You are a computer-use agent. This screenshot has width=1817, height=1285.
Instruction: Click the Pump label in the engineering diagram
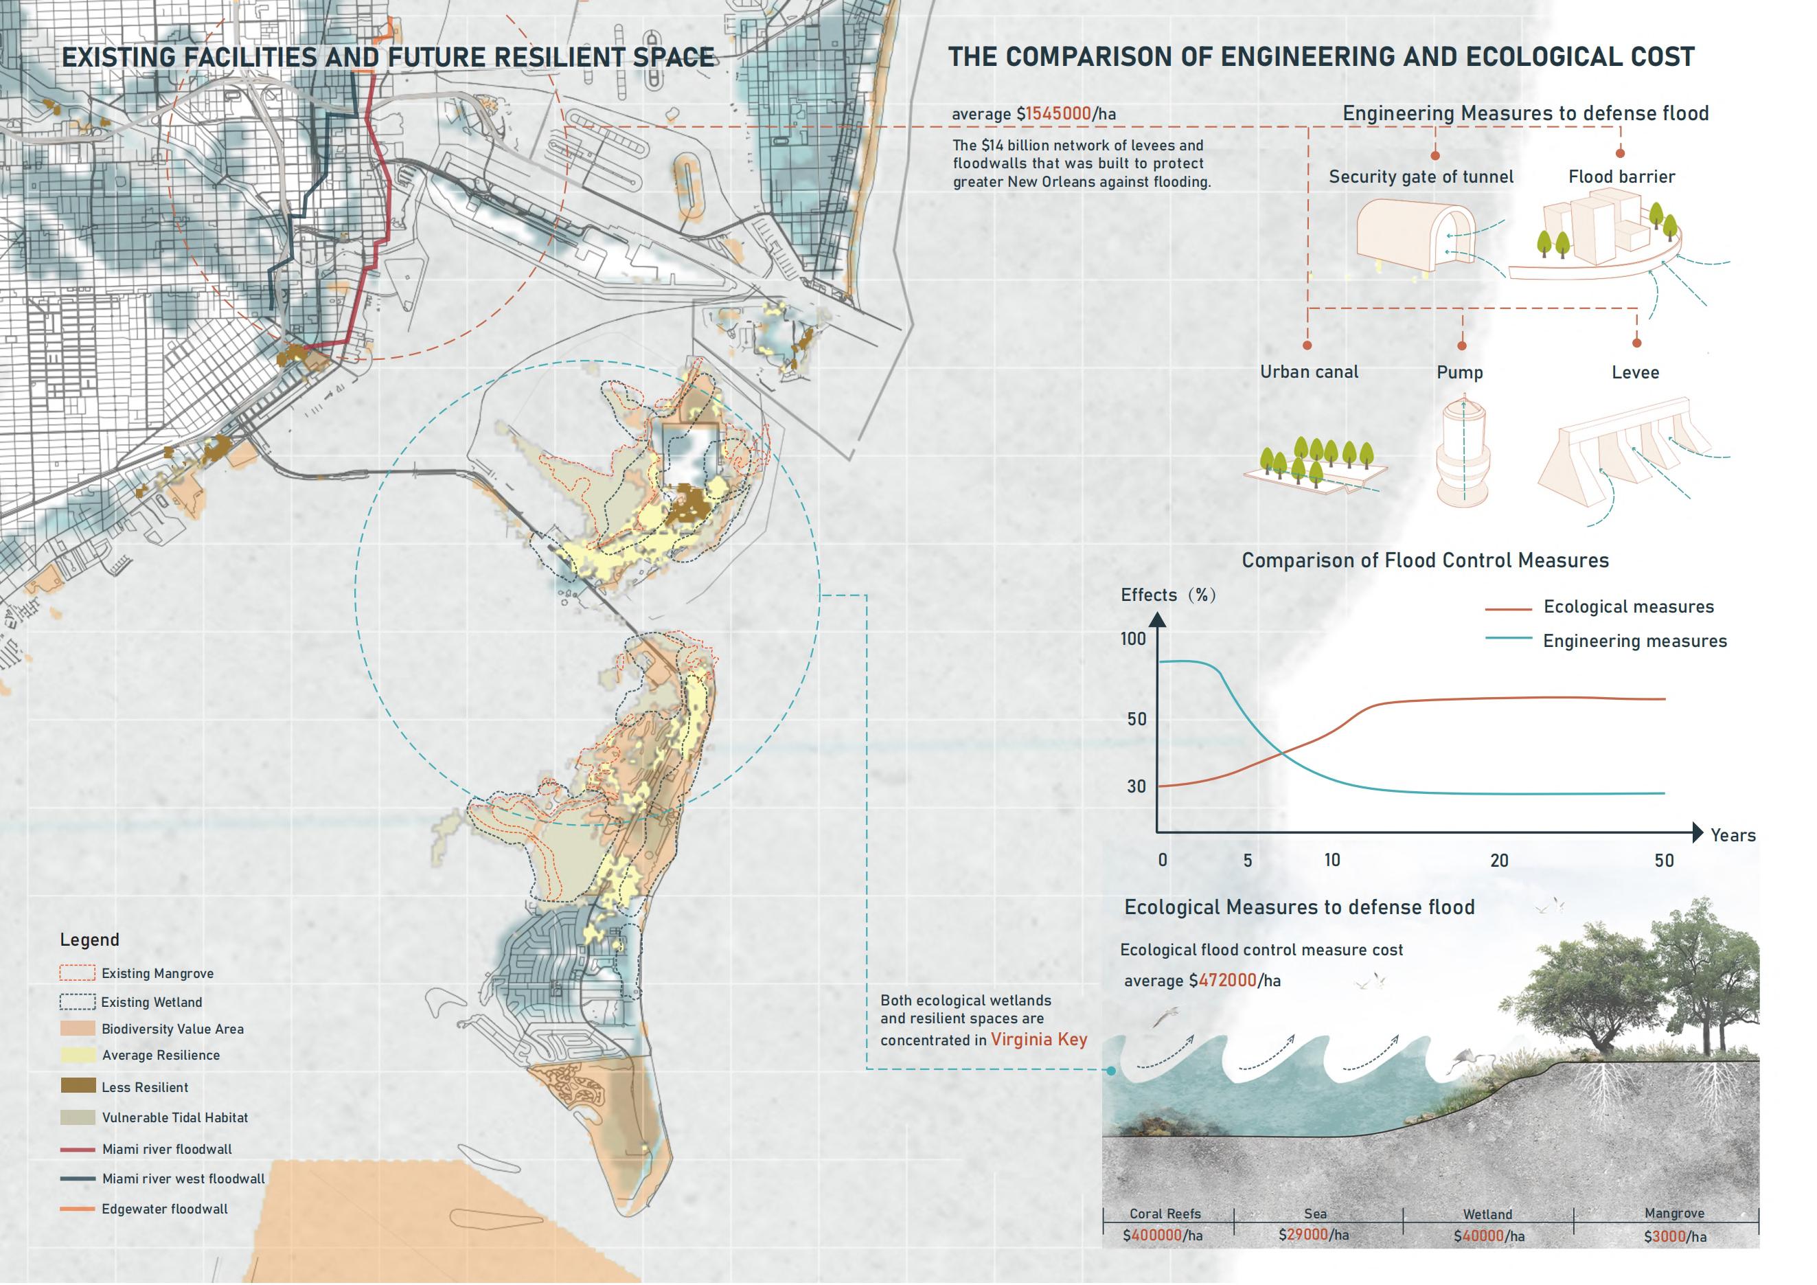(1459, 373)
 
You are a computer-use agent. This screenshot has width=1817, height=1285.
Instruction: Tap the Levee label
(1635, 373)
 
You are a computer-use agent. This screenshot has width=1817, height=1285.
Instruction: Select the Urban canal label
(1309, 372)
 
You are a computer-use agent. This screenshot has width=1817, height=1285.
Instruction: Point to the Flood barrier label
(1621, 177)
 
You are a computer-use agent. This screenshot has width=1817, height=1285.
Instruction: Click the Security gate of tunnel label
(1421, 177)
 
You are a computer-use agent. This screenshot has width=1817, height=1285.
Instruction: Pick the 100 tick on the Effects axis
(1133, 639)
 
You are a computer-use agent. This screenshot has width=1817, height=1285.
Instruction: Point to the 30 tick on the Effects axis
(1136, 786)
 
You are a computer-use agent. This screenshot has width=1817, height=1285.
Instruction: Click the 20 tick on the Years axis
(1499, 860)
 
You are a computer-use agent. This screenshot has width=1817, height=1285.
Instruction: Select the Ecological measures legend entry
(1628, 607)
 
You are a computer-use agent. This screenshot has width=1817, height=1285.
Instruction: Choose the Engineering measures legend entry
(1634, 641)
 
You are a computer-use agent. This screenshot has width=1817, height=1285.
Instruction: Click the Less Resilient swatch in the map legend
(78, 1086)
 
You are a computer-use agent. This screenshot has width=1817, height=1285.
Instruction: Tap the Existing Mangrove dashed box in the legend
(78, 973)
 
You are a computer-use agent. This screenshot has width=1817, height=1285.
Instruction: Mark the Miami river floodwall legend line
(78, 1149)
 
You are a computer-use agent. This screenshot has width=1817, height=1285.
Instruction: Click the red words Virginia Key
(1038, 1039)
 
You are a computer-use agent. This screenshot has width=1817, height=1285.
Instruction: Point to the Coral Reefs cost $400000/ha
(1162, 1235)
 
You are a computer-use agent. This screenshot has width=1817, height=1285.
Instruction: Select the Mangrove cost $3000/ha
(1675, 1236)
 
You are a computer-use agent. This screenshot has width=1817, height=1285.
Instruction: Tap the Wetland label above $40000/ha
(1487, 1214)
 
